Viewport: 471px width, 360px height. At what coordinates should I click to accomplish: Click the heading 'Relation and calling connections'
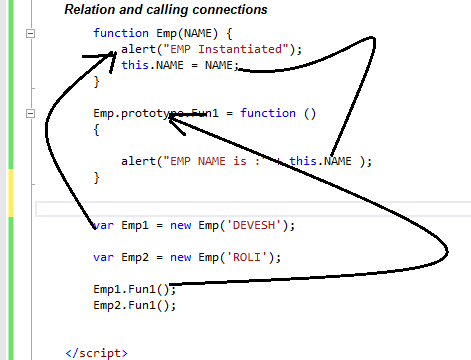(165, 10)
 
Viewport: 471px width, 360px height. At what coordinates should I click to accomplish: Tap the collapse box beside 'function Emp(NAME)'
(31, 33)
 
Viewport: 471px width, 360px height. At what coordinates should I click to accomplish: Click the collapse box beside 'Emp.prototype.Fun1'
(31, 113)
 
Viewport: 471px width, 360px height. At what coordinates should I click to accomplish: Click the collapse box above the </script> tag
(31, 337)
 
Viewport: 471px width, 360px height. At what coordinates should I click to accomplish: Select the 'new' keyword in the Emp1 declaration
(181, 225)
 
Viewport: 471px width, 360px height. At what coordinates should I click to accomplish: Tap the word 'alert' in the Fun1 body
(137, 161)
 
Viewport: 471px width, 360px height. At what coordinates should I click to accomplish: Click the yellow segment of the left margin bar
(11, 191)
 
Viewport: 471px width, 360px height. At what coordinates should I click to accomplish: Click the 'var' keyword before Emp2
(103, 257)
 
